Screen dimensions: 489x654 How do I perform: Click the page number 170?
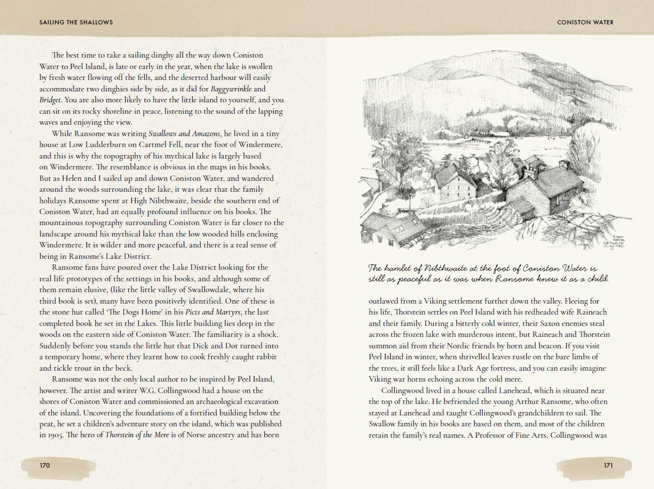click(45, 465)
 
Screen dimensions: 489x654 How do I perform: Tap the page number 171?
click(608, 465)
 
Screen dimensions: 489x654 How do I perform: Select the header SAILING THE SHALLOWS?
click(76, 22)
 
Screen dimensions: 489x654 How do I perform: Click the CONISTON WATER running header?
click(585, 22)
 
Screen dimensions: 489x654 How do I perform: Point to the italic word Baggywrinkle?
click(231, 89)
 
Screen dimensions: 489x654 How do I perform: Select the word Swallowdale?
click(224, 290)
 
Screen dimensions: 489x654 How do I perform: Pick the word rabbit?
click(265, 357)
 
